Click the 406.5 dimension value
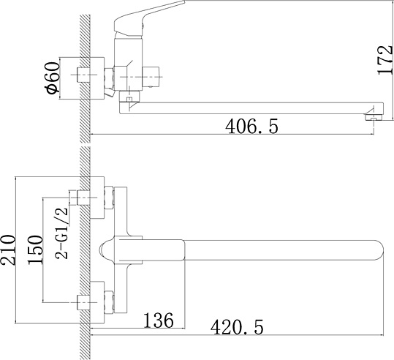point(251,127)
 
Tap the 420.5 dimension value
point(237,327)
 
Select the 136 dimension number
point(159,320)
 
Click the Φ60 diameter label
point(53,78)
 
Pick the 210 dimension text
point(8,250)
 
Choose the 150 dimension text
point(35,250)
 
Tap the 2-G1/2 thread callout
point(62,233)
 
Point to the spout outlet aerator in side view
point(374,117)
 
